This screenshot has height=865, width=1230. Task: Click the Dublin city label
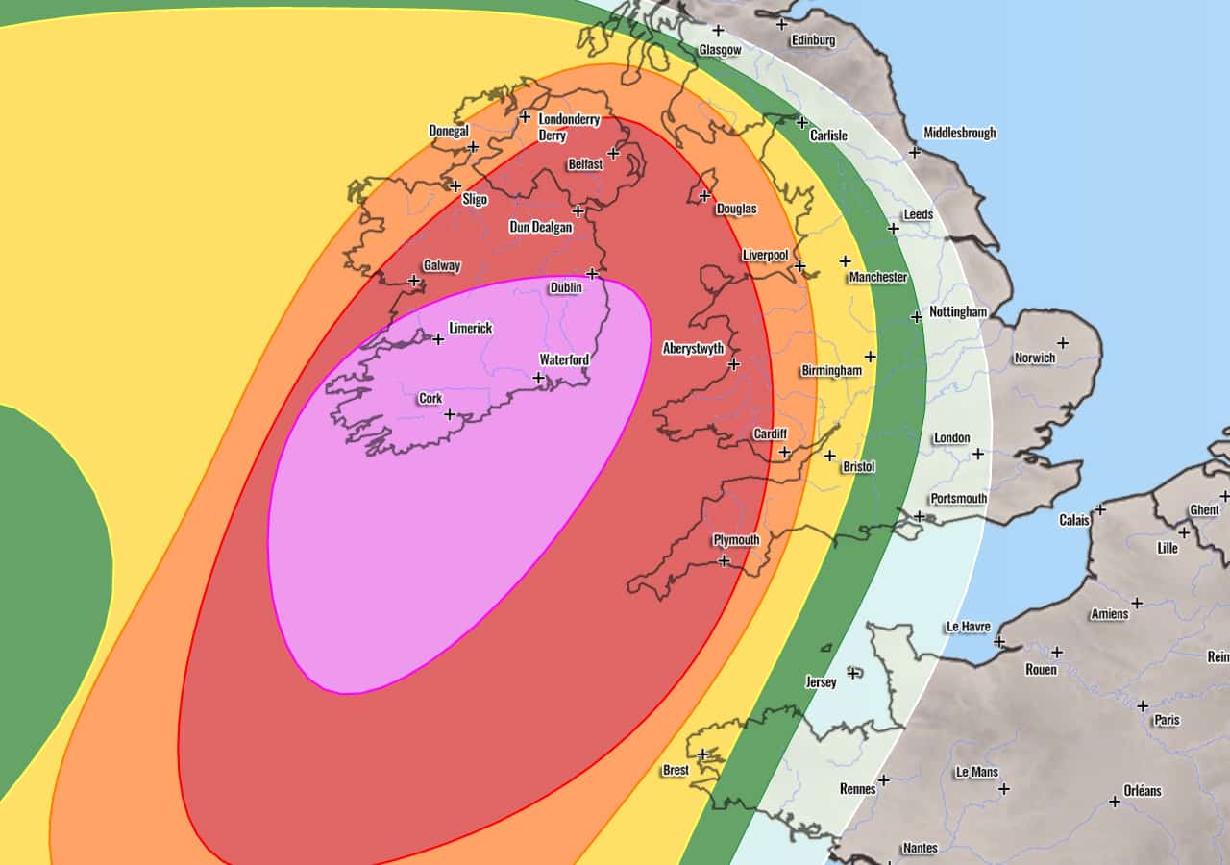coord(565,287)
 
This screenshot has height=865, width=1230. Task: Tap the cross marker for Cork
coord(449,414)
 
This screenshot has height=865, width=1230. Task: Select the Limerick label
coord(470,328)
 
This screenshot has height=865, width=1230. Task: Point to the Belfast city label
coord(585,164)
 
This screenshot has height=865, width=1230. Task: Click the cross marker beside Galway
coord(413,281)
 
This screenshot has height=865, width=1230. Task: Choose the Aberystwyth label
coord(693,348)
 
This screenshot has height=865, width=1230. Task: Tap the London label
coord(951,438)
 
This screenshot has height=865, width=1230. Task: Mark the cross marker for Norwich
coord(1063,342)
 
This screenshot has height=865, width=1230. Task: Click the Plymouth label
coord(736,539)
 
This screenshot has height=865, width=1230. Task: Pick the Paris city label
coord(1167,720)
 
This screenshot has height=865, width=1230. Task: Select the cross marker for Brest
coord(702,754)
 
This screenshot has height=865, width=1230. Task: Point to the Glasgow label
coord(720,49)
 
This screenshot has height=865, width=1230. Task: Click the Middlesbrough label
coord(959,133)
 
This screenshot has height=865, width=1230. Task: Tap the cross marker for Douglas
coord(704,195)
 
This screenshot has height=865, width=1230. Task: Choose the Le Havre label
coord(968,627)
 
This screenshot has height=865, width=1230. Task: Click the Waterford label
coord(563,359)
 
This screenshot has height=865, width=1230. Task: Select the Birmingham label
coord(832,370)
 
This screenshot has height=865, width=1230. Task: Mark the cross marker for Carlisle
coord(802,122)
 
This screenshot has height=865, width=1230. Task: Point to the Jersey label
coord(821,682)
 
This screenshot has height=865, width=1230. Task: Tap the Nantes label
coord(920,848)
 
